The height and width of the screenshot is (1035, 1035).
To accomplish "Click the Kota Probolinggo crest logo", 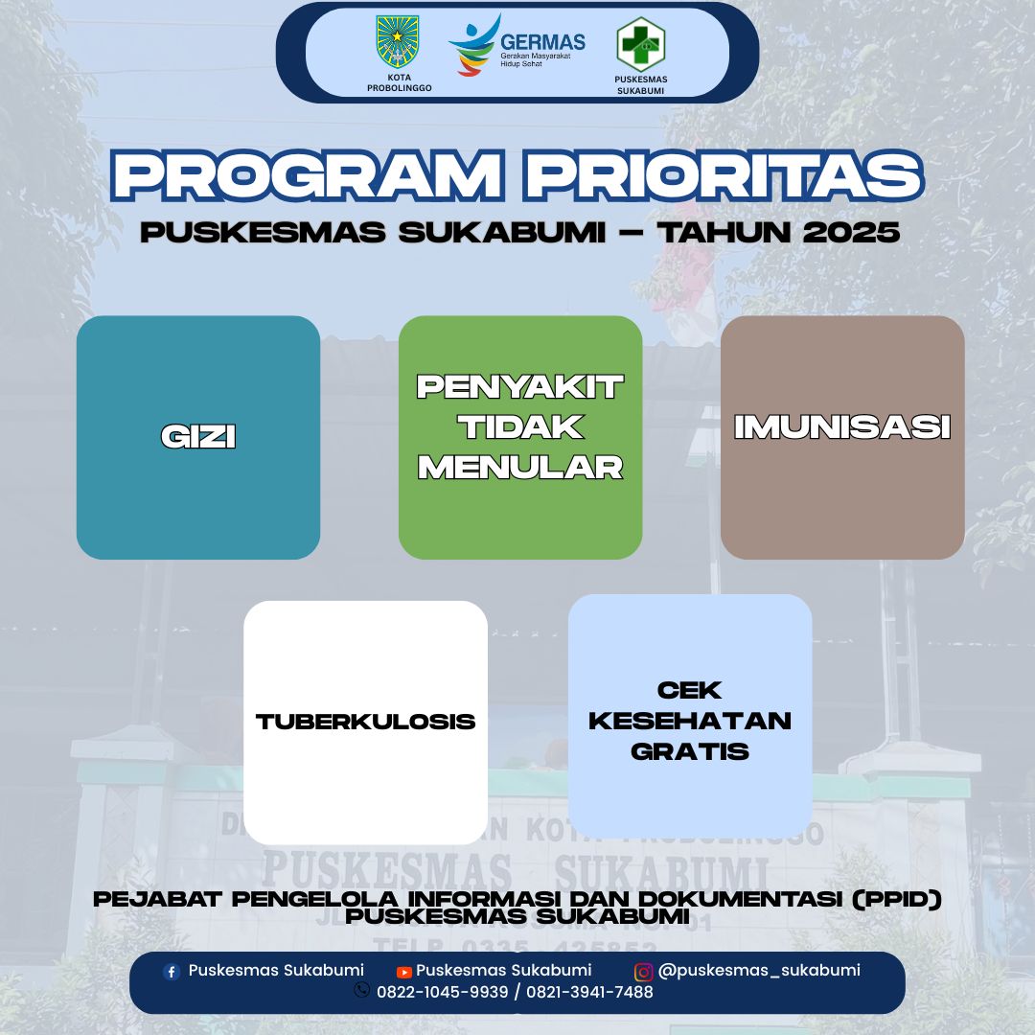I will coord(398,43).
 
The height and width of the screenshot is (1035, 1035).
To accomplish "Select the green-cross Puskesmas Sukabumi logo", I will coord(640,43).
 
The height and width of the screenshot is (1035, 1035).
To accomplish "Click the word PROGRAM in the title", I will coord(307,176).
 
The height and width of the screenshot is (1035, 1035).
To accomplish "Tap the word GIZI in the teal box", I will coord(198,437).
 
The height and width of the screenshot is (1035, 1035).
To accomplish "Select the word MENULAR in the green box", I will coord(520,467).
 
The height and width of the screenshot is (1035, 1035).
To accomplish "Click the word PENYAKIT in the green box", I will coord(520,387).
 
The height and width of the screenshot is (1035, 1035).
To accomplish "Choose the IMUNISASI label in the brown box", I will coord(842,427).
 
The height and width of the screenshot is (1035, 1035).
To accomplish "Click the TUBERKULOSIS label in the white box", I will coord(365,722).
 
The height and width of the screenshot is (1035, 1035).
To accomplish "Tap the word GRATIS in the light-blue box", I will coord(690,751).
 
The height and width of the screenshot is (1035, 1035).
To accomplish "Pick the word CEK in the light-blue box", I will coord(690,690).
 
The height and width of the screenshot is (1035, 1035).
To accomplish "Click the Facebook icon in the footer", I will coord(172,972).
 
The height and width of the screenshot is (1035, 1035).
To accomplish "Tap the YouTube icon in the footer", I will coord(404,972).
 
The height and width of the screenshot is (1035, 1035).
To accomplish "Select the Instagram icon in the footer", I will coord(644,972).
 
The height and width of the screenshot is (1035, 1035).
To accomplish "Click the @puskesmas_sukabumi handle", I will coord(759,971).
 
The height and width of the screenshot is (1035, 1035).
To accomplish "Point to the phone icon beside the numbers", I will coord(362,991).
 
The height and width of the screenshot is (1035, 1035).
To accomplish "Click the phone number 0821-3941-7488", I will coord(588,992).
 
